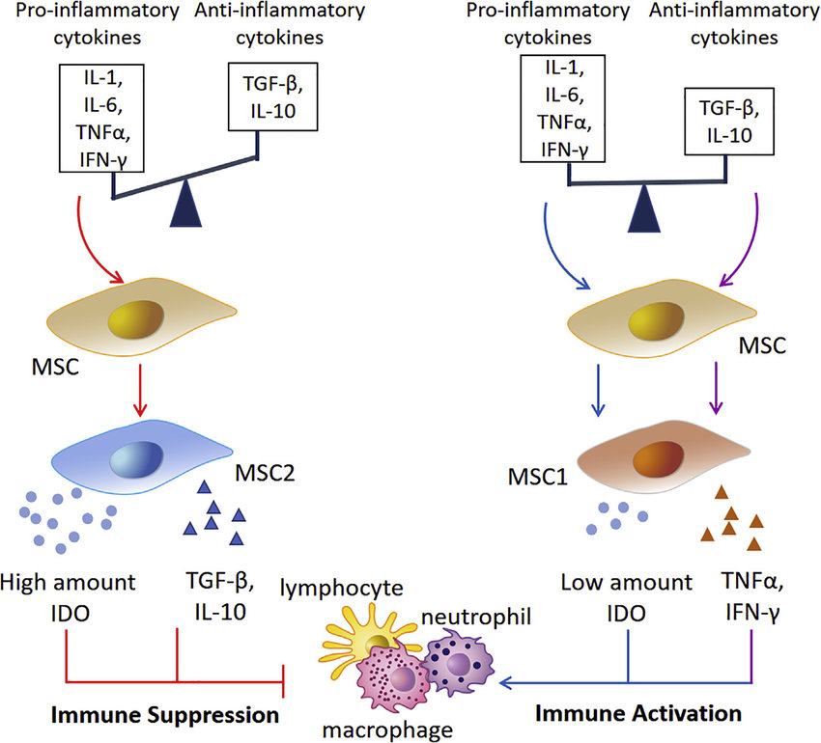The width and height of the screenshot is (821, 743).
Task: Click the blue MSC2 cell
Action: (x=141, y=456)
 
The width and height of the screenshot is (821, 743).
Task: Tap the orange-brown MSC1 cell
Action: (x=663, y=456)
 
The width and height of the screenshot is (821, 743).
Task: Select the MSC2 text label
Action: (x=265, y=473)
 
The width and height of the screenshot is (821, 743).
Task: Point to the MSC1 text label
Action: (x=538, y=478)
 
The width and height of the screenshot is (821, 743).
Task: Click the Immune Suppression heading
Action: (x=165, y=715)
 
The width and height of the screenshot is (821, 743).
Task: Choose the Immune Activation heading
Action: (x=638, y=713)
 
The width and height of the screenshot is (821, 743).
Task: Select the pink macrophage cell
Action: (x=394, y=678)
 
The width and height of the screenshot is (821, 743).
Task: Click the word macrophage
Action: (x=387, y=729)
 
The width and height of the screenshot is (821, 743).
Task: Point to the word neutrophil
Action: (x=476, y=617)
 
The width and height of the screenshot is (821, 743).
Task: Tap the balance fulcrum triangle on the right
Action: (x=644, y=208)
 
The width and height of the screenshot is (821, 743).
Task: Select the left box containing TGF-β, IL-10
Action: (x=272, y=96)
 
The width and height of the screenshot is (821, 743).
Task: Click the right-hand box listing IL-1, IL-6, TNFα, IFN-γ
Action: (x=563, y=108)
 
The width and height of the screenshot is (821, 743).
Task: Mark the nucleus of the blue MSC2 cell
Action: (x=136, y=460)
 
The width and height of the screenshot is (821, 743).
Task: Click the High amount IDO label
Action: (x=68, y=597)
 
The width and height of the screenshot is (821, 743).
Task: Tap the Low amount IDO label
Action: (x=626, y=597)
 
